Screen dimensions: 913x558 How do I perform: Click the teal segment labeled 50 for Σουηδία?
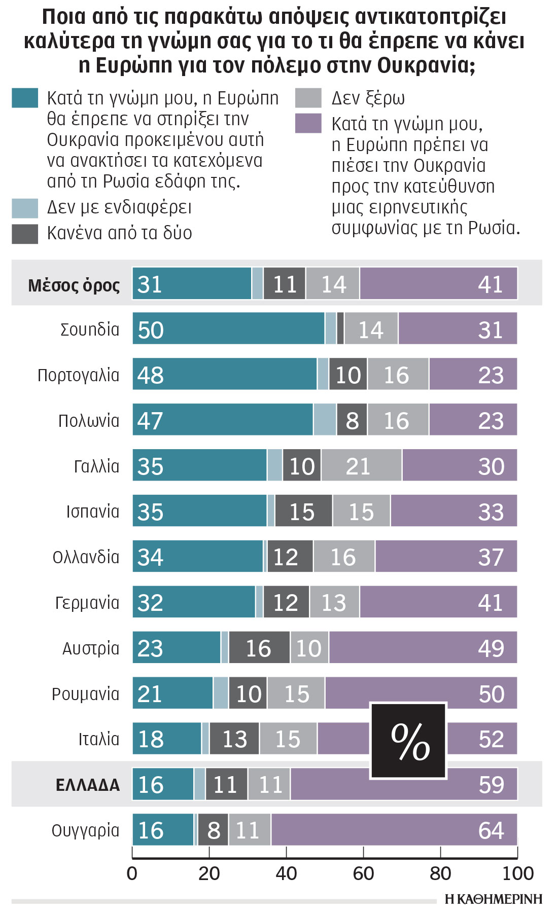tap(228, 328)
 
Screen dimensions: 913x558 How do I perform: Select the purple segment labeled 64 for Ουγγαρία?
tap(394, 830)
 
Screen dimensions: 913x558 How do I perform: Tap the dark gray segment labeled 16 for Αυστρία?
tap(259, 647)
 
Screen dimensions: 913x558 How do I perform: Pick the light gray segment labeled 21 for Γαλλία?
tap(361, 465)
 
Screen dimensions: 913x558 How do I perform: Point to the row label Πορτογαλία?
tap(79, 375)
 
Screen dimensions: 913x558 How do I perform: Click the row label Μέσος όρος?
tap(74, 285)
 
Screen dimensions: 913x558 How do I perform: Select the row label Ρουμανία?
tap(85, 693)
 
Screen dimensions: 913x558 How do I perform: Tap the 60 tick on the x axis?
tap(363, 873)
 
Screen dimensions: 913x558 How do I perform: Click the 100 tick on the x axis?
tap(517, 873)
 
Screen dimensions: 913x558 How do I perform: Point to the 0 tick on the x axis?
tap(132, 873)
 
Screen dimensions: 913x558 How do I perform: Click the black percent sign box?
tap(408, 741)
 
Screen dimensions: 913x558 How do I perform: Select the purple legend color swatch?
tap(308, 123)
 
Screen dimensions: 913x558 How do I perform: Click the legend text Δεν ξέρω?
tap(368, 98)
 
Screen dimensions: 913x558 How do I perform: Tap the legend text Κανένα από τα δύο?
tap(120, 233)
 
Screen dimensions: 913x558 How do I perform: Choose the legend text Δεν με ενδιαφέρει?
tap(119, 207)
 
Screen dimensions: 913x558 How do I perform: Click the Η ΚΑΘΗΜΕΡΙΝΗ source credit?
tap(493, 899)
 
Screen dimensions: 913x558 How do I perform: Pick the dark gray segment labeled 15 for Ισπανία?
tap(303, 511)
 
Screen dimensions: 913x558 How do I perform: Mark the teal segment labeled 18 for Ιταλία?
tap(167, 739)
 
